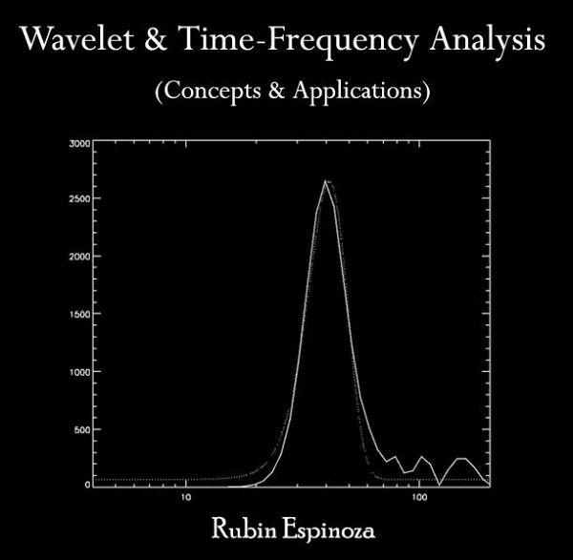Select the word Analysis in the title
[487, 40]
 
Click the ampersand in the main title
[156, 39]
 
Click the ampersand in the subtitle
[276, 90]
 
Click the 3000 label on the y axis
[79, 143]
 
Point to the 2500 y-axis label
[79, 199]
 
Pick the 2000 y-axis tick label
[79, 257]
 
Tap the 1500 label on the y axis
[79, 314]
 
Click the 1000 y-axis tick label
[79, 372]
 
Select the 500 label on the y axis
[82, 429]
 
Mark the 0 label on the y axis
[87, 485]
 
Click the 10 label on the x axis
[186, 497]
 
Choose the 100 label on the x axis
[419, 497]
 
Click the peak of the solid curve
[325, 180]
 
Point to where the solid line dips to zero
[439, 486]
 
